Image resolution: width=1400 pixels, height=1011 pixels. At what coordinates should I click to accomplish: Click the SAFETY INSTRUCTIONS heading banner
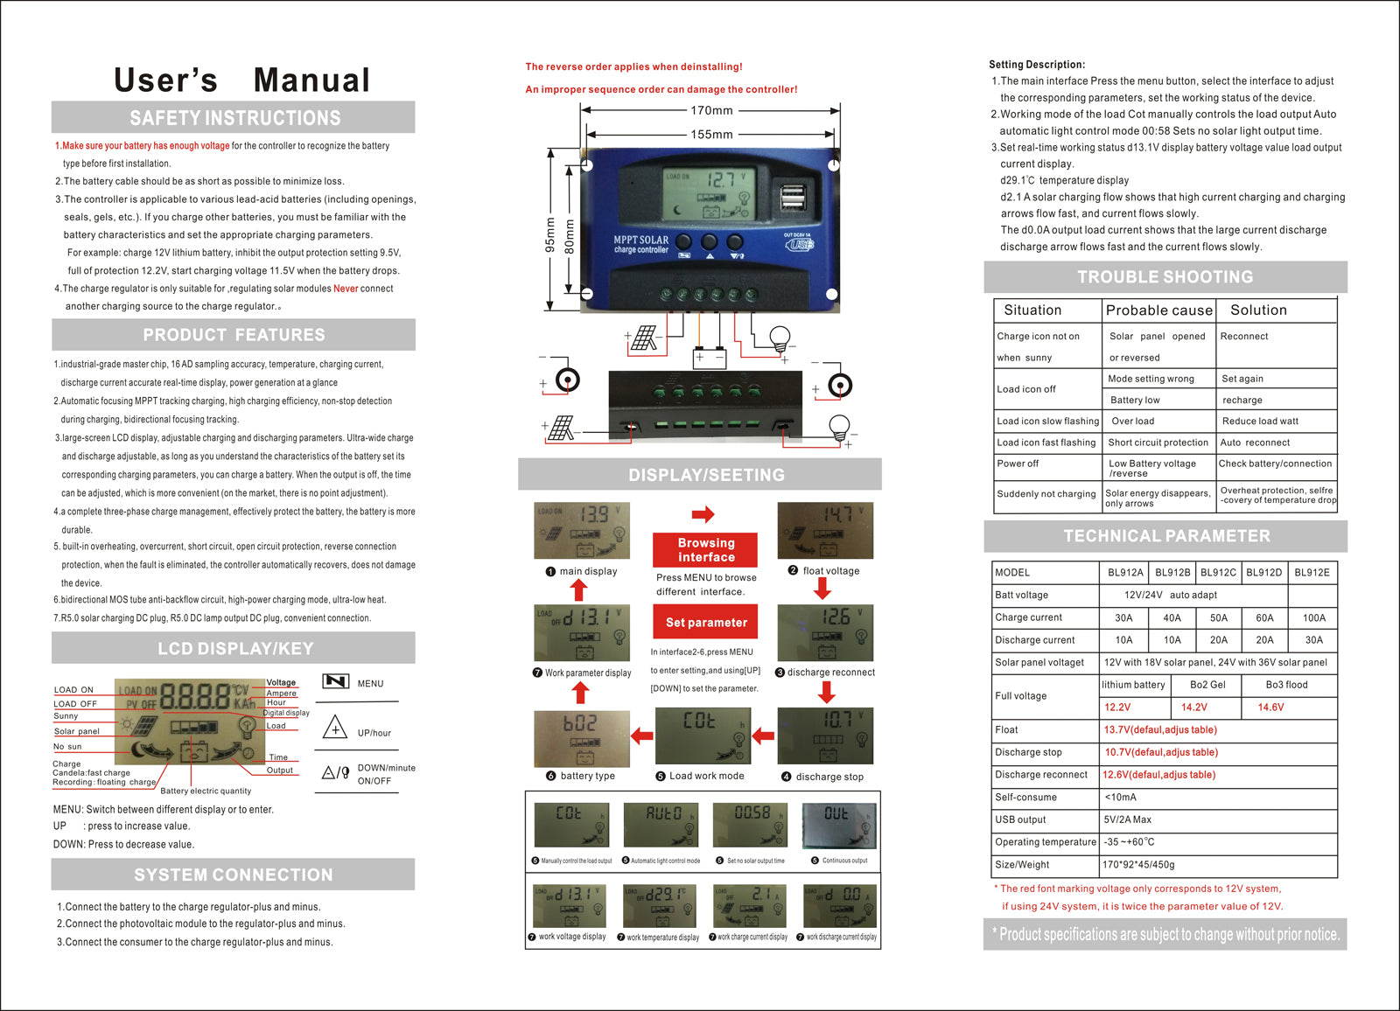click(234, 118)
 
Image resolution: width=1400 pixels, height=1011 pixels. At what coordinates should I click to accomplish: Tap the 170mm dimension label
click(711, 111)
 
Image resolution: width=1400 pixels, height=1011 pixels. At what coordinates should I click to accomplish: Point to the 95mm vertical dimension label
click(550, 235)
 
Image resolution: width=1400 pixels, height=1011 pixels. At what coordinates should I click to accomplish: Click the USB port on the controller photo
click(793, 197)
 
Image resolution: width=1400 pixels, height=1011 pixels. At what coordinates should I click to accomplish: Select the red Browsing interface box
click(705, 550)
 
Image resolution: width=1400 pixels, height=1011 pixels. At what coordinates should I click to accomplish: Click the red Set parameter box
click(705, 623)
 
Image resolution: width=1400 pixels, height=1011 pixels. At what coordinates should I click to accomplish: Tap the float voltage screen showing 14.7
click(825, 530)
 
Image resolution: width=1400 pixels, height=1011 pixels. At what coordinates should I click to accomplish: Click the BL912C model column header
click(1218, 573)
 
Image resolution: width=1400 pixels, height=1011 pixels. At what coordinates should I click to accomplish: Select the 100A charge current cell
click(1313, 617)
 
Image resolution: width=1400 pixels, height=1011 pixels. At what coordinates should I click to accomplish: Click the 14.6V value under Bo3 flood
click(1270, 708)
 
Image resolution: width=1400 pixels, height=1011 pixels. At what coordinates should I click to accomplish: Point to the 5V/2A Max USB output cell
click(1128, 819)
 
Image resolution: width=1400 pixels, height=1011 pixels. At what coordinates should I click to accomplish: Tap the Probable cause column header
click(1158, 310)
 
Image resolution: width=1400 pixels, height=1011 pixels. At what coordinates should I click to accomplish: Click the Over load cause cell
click(1132, 421)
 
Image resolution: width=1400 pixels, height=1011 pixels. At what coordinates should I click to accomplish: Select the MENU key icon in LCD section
click(336, 682)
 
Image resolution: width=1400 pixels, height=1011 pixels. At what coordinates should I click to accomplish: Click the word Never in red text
click(345, 289)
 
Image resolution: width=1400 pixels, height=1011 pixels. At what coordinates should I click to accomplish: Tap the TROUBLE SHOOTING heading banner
click(1165, 277)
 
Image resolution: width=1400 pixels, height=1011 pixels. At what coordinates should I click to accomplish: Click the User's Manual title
click(241, 80)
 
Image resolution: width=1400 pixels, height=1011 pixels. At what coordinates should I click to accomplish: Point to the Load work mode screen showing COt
click(703, 736)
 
